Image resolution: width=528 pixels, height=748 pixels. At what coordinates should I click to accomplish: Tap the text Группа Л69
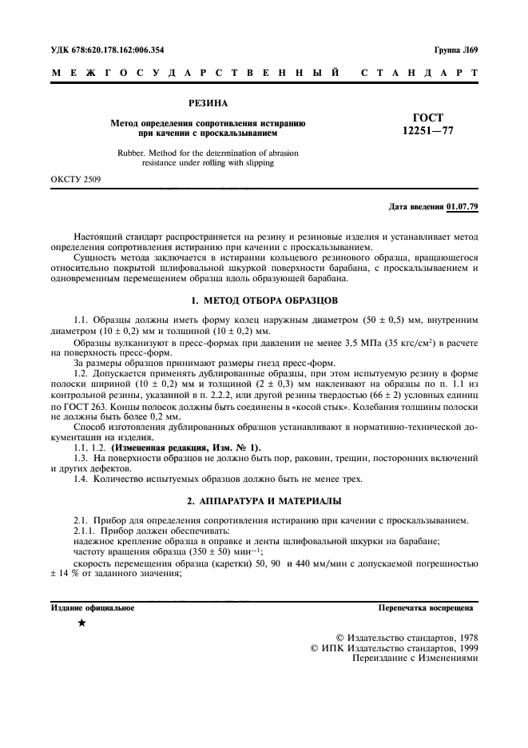click(x=456, y=50)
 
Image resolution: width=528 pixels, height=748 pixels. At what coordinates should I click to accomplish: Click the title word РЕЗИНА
click(x=208, y=104)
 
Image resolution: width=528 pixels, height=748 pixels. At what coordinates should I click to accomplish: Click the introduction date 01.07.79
click(x=462, y=207)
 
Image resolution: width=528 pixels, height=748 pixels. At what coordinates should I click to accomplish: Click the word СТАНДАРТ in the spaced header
click(x=420, y=74)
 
